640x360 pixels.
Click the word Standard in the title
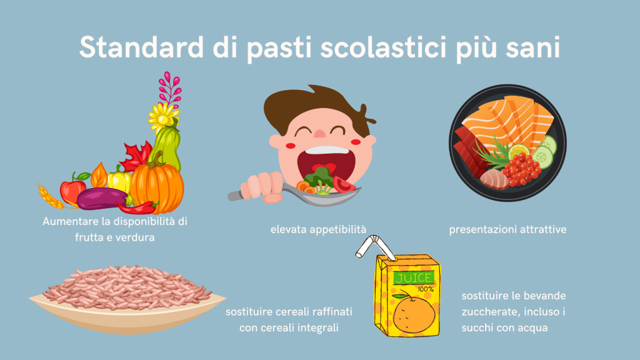tap(141, 47)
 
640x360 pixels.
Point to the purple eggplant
tap(102, 198)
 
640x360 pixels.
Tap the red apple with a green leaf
tap(74, 189)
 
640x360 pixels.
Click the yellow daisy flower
tap(162, 117)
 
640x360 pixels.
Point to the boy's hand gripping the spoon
tap(263, 186)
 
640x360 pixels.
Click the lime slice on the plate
tap(519, 151)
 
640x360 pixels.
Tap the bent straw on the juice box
tap(374, 247)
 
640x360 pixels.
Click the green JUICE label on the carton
tap(412, 278)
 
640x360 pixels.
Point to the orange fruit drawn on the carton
tap(414, 314)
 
